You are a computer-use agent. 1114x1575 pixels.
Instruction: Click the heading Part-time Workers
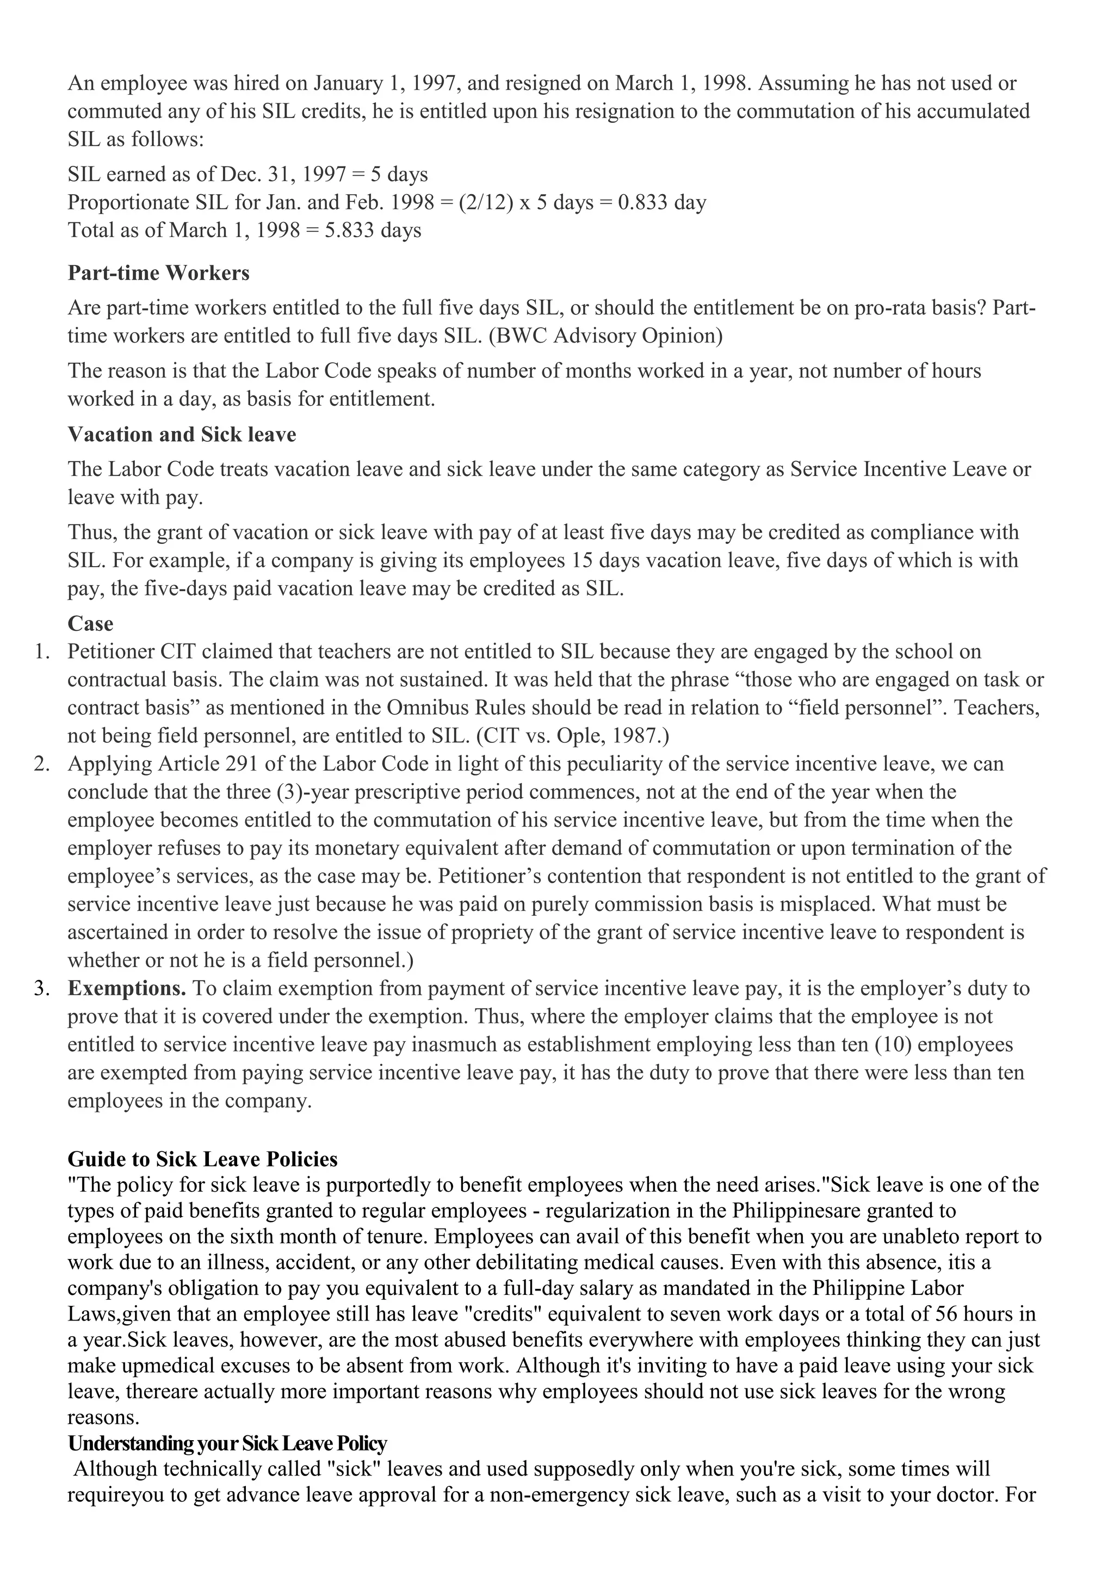click(x=158, y=273)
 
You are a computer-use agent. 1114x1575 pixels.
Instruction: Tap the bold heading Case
click(x=90, y=624)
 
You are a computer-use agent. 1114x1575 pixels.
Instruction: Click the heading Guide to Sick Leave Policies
click(x=202, y=1159)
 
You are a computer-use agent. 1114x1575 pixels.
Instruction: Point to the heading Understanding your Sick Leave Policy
click(x=227, y=1444)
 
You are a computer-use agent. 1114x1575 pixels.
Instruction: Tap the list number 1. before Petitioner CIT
click(x=42, y=652)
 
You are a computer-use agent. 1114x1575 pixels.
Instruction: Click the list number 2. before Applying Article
click(x=42, y=764)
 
